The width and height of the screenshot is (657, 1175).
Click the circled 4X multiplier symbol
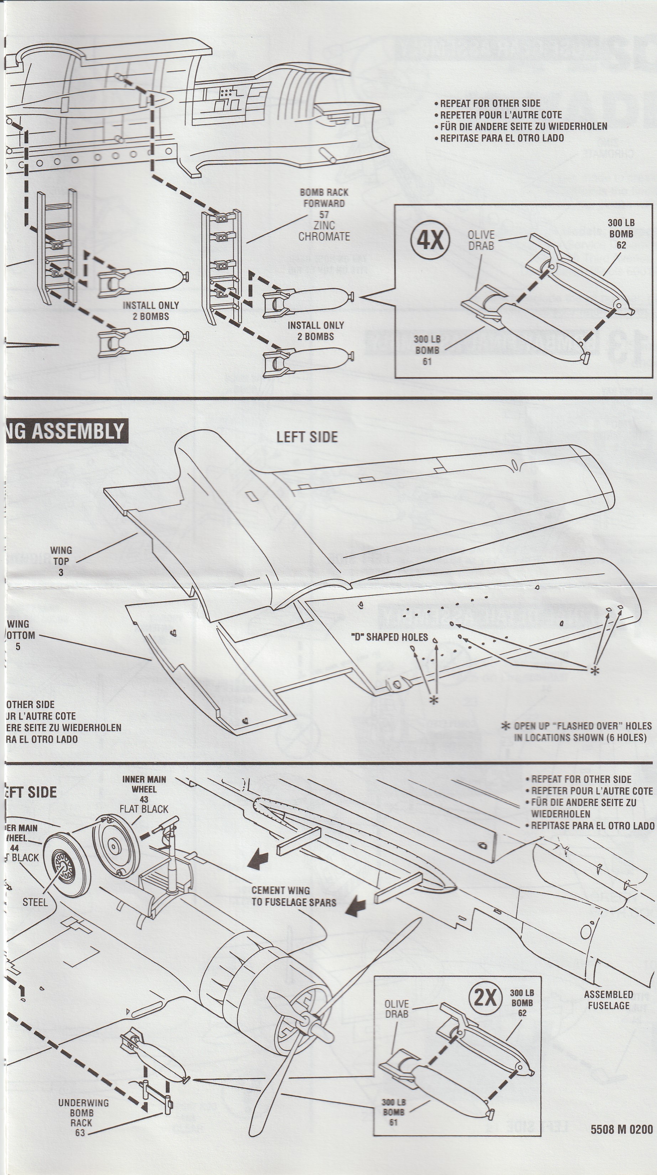click(x=430, y=238)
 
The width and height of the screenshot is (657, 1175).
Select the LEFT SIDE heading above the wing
click(x=307, y=437)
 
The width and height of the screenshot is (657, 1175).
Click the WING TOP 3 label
click(x=61, y=561)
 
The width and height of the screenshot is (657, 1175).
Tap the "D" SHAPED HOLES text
click(x=391, y=637)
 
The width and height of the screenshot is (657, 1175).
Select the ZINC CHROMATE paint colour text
click(x=324, y=231)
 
